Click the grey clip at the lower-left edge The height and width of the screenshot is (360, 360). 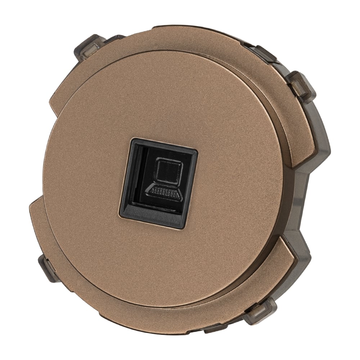pyautogui.click(x=45, y=266)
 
